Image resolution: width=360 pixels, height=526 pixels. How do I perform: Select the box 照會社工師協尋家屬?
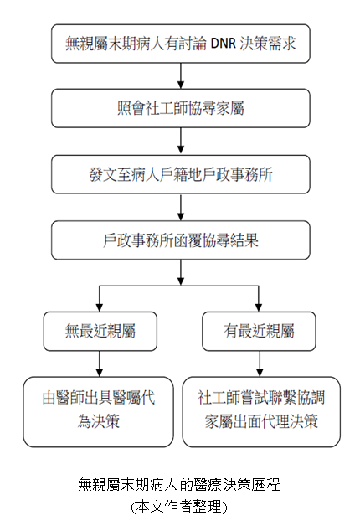point(181,108)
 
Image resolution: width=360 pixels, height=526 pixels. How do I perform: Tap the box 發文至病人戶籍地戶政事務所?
point(181,174)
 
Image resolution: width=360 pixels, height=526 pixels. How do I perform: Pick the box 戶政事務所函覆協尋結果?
point(181,240)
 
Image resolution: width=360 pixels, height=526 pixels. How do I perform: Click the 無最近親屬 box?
point(100,332)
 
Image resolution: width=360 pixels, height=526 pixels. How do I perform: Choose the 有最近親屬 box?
point(259,332)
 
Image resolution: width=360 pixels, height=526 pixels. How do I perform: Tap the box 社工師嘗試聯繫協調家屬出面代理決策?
point(261,410)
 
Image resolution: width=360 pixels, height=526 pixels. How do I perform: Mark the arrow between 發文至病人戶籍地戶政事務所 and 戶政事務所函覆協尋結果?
point(181,209)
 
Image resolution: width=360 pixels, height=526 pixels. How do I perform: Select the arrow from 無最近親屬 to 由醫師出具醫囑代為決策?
point(100,363)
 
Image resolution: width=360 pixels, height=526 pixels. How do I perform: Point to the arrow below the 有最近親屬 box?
point(259,363)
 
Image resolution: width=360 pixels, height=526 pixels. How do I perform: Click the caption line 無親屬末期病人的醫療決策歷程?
point(179,485)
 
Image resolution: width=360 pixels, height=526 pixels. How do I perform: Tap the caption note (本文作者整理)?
point(179,507)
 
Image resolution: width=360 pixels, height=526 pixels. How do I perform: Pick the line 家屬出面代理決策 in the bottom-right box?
point(261,421)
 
